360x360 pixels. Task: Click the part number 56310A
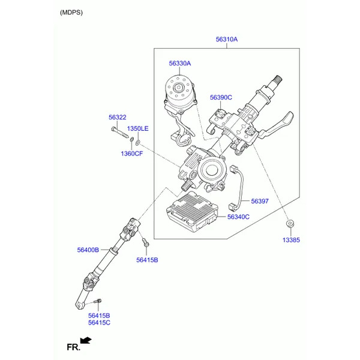click(227, 40)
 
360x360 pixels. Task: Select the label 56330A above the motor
click(180, 64)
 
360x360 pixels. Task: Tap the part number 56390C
click(221, 97)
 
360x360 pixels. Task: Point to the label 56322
click(118, 118)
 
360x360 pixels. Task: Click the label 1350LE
click(138, 128)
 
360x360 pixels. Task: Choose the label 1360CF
click(132, 154)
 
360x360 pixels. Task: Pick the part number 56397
click(260, 201)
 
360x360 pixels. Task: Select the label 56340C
click(238, 217)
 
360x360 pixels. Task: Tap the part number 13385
click(291, 240)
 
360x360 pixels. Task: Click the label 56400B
click(88, 250)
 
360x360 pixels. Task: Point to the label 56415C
click(99, 323)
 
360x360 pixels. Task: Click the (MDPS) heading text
click(71, 13)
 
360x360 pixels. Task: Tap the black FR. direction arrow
click(86, 340)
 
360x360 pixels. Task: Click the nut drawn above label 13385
click(290, 223)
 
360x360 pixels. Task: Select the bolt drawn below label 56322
click(119, 133)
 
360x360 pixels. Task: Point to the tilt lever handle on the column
click(276, 125)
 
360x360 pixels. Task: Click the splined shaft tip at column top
click(277, 80)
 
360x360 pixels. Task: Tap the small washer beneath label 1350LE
click(138, 143)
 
